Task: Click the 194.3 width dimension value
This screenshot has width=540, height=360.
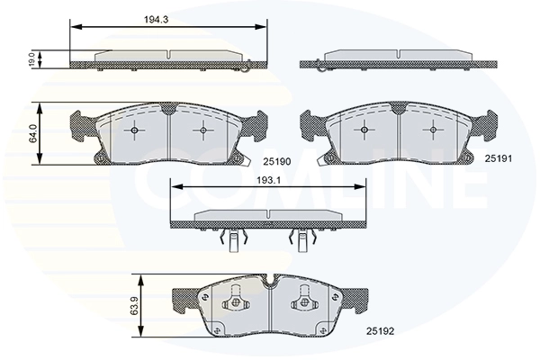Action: [x=156, y=20]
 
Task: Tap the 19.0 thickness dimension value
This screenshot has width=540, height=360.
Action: [x=31, y=59]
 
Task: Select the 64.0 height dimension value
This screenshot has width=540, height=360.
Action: [x=33, y=134]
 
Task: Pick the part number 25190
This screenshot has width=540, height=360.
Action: [x=277, y=161]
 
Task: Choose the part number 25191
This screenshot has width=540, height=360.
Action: [x=499, y=158]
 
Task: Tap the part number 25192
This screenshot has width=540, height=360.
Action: [x=380, y=331]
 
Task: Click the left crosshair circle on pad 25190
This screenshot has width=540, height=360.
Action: [x=134, y=130]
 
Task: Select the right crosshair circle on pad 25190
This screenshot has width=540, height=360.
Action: [x=203, y=130]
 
